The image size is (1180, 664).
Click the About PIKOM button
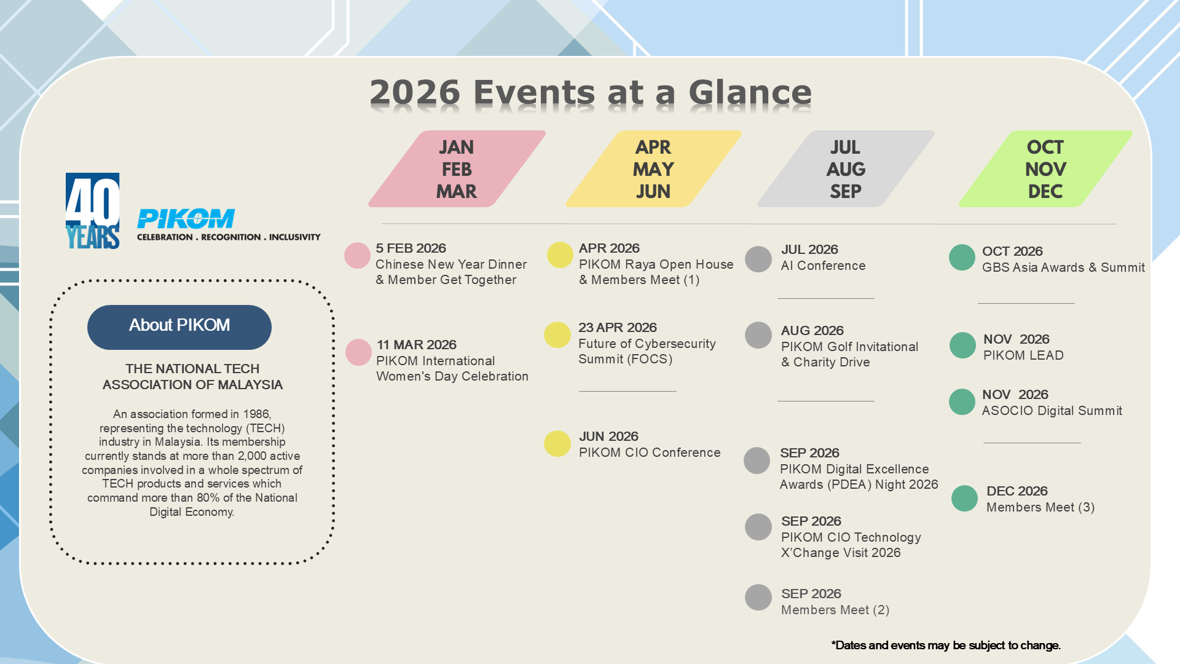coord(179,327)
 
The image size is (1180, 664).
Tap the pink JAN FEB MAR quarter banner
coord(457,169)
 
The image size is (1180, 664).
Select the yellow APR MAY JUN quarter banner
coord(653,169)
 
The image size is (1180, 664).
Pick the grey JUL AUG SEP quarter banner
coord(846,169)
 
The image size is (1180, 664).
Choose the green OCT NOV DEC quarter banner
coord(1045,169)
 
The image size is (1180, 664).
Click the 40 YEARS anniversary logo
coord(93,211)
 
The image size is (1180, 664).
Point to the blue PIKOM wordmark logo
coord(186,219)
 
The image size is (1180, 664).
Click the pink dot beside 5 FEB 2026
coord(357,256)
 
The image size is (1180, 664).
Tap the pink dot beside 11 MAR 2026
coord(358,352)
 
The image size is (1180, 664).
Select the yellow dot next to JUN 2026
coord(557,444)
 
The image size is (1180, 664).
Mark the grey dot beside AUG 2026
coord(758,335)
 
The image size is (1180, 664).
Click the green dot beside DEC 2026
coord(964,499)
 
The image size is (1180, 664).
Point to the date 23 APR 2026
coord(618,328)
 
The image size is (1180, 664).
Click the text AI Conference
coord(823,266)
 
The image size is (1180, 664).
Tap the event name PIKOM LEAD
coord(1023,355)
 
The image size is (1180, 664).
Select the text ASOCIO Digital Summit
coord(1052,411)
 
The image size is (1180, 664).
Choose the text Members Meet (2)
coord(835,610)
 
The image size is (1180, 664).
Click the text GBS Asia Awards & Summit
coord(1064,267)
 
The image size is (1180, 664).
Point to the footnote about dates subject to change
coord(946,646)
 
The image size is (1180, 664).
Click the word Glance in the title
coord(750,93)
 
